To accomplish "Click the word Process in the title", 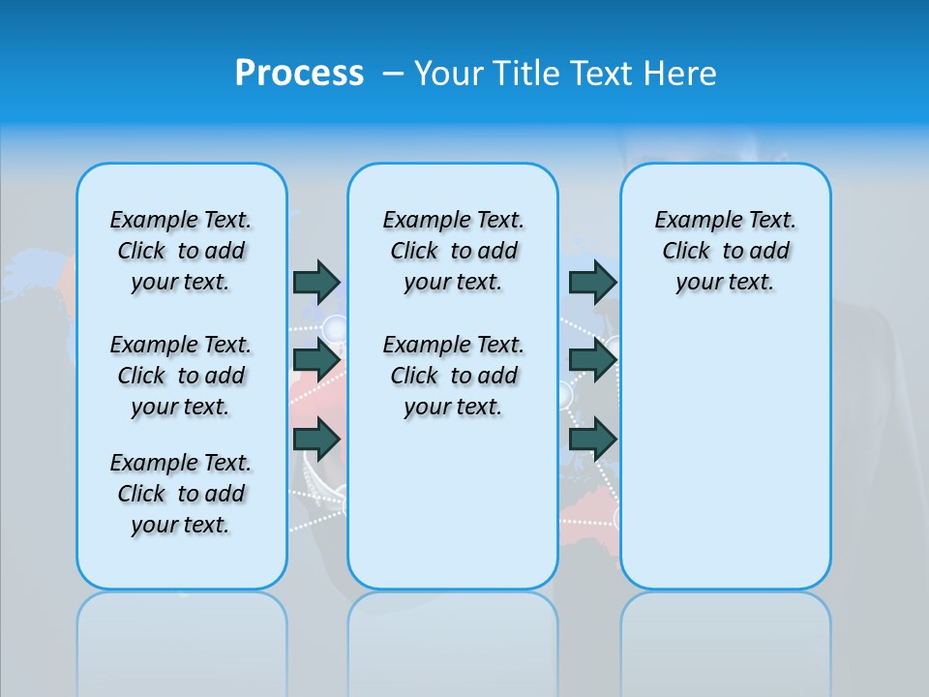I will tap(299, 74).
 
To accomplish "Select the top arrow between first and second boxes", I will tap(316, 282).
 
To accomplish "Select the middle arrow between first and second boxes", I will tap(316, 360).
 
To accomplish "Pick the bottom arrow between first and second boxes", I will tap(316, 439).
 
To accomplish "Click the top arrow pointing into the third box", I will tap(592, 282).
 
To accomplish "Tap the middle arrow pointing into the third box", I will tap(592, 360).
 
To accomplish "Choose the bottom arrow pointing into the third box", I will tap(592, 439).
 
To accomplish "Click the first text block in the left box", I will tap(181, 251).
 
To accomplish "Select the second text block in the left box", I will tap(181, 376).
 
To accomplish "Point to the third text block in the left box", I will tap(181, 494).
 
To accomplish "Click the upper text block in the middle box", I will tap(453, 251).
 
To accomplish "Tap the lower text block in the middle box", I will tap(453, 376).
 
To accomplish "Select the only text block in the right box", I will tap(725, 251).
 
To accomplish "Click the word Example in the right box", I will tap(693, 221).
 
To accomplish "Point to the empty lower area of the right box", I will tap(725, 455).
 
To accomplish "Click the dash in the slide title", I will tap(393, 74).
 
